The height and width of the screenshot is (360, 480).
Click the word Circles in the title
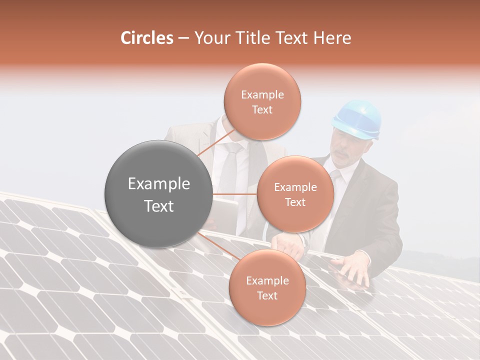(146, 38)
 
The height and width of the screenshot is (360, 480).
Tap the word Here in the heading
(332, 38)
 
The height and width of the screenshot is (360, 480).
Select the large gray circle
(158, 194)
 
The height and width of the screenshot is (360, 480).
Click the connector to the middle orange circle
(234, 194)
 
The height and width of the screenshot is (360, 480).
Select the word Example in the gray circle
(158, 184)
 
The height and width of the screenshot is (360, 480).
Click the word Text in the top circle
(262, 110)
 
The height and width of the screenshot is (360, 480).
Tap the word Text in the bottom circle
(267, 296)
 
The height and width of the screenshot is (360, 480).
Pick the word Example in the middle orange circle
(295, 187)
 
